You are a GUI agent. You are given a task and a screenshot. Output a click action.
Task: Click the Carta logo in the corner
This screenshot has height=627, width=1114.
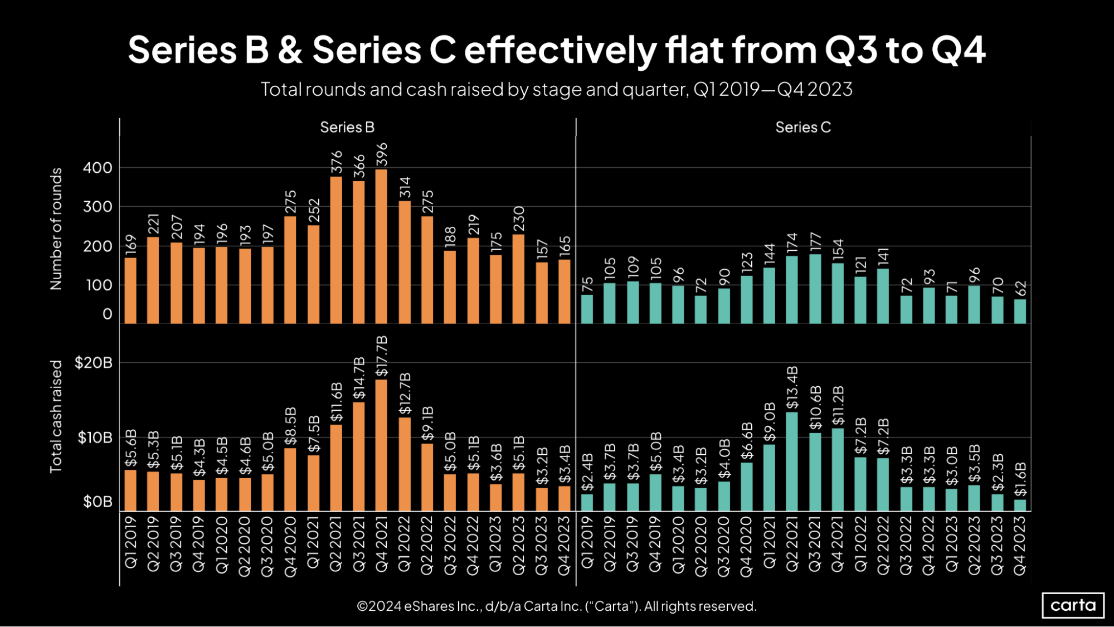click(1072, 605)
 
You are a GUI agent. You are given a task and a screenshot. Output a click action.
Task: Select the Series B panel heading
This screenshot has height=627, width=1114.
click(347, 128)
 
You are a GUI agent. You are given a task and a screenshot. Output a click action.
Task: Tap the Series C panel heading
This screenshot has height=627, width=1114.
click(802, 128)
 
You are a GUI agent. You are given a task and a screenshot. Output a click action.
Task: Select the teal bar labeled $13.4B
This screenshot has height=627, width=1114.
click(791, 461)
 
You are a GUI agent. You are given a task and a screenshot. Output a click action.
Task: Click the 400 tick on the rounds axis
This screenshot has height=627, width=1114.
click(98, 168)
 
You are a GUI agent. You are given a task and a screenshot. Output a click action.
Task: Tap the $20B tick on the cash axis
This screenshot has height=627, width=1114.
click(94, 363)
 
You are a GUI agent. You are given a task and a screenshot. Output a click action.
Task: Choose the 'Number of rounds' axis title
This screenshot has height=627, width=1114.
click(56, 229)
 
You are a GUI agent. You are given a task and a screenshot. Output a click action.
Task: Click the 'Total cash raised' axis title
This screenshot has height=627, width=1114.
click(56, 416)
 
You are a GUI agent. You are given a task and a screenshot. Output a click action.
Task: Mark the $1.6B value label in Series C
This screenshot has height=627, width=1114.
click(1020, 479)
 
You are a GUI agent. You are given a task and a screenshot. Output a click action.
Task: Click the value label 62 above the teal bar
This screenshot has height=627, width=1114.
click(1020, 289)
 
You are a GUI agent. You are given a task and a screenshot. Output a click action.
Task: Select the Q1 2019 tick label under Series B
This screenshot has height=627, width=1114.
click(130, 542)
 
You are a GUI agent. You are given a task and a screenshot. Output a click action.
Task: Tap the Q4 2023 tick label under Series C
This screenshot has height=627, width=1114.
click(1020, 545)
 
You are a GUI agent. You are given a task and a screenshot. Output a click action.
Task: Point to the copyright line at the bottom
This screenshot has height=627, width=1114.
click(556, 606)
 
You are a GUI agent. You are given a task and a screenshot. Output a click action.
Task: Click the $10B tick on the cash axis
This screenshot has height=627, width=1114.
click(95, 438)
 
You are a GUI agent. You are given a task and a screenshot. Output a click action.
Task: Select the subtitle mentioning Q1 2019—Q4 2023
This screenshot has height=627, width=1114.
click(556, 89)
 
